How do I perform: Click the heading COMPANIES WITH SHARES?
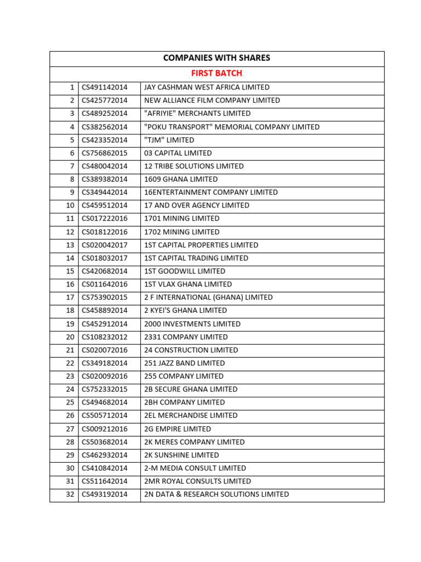point(217,58)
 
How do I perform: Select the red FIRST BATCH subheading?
point(217,73)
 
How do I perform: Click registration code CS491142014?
point(104,87)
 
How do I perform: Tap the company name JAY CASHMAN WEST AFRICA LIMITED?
point(207,87)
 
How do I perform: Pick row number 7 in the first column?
point(72,166)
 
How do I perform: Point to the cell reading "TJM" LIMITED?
point(169,140)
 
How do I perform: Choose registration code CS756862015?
point(104,153)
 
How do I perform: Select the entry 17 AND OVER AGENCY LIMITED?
point(196,205)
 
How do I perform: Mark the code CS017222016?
point(104,218)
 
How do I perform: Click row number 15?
point(70,271)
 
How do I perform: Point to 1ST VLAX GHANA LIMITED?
point(188,284)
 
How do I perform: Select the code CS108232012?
point(104,337)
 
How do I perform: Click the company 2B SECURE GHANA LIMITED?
point(191,389)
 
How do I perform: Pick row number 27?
point(70,429)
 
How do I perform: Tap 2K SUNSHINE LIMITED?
point(181,455)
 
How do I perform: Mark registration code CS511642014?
point(104,481)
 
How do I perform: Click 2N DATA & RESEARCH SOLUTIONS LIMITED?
point(217,494)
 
